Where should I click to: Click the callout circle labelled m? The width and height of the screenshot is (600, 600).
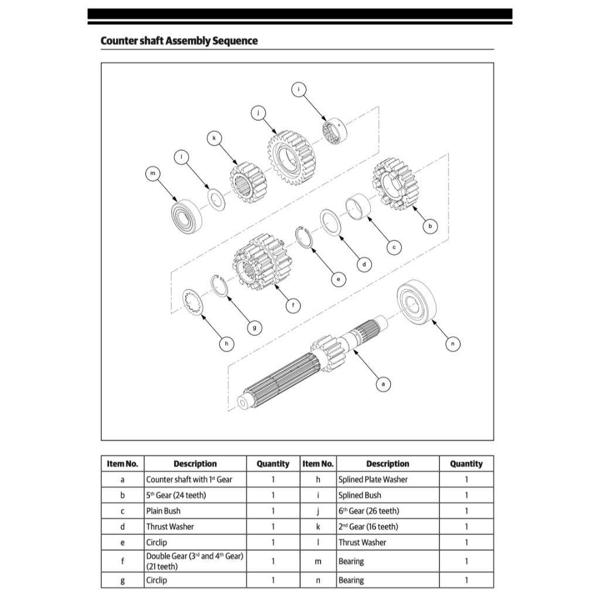pyautogui.click(x=153, y=173)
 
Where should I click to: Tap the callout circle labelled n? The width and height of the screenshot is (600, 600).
pyautogui.click(x=452, y=344)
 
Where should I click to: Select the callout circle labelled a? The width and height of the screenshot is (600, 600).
pyautogui.click(x=383, y=384)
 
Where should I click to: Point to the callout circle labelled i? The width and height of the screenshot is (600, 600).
pyautogui.click(x=299, y=89)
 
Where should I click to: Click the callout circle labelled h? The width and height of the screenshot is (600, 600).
pyautogui.click(x=226, y=344)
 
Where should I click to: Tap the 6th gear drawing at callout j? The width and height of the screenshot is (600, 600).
pyautogui.click(x=292, y=155)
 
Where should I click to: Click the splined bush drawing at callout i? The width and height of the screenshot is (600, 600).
pyautogui.click(x=333, y=131)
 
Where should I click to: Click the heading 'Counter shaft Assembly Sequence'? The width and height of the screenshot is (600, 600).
pyautogui.click(x=179, y=41)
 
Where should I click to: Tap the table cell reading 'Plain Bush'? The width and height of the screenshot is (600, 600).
pyautogui.click(x=163, y=511)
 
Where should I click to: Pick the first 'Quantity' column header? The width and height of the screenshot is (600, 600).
pyautogui.click(x=273, y=463)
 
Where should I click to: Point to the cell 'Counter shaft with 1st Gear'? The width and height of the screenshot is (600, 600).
pyautogui.click(x=189, y=479)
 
